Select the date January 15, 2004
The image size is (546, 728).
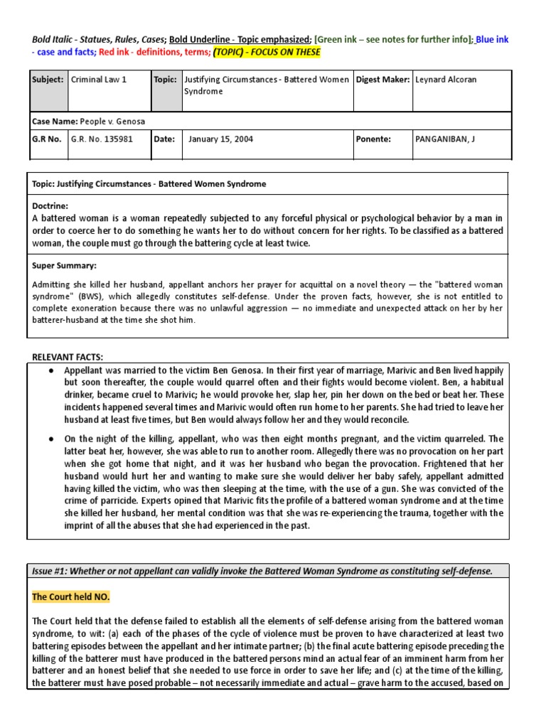click(220, 139)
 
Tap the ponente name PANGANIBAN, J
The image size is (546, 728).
click(444, 139)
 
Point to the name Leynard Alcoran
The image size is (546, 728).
click(446, 80)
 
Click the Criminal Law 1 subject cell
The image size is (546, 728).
click(99, 80)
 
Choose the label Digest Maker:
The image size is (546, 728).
click(382, 80)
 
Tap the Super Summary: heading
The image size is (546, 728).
click(64, 265)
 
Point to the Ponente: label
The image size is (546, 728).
click(373, 139)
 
